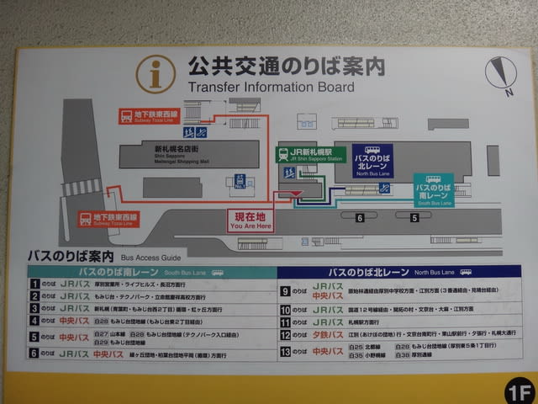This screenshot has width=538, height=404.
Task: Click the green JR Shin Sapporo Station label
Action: click(309, 155)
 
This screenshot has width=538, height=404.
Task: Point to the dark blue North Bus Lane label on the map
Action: click(372, 161)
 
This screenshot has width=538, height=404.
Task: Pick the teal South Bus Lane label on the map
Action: click(434, 190)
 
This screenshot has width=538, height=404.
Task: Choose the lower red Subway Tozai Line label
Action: click(107, 219)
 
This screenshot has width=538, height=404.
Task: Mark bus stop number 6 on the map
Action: click(359, 218)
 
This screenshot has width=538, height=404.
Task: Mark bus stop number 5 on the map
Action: click(414, 218)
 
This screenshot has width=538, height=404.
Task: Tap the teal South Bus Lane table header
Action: click(151, 272)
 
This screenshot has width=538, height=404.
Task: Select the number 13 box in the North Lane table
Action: click(285, 351)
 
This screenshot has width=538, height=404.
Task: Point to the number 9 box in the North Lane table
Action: click(285, 291)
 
